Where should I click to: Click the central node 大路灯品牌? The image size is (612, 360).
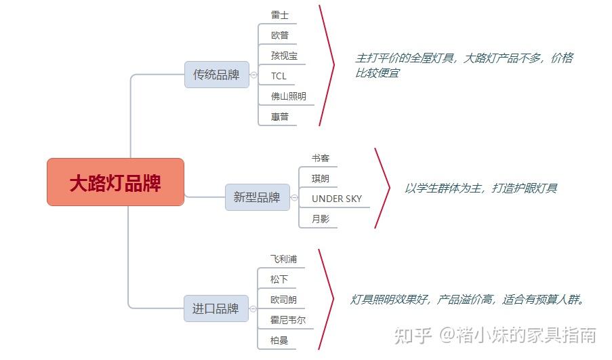pos(115,182)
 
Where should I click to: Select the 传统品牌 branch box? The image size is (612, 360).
pos(216,75)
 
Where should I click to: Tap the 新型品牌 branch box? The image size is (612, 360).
pos(257,197)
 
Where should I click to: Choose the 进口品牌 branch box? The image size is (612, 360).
pos(216,308)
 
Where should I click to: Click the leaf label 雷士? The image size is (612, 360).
pos(280,14)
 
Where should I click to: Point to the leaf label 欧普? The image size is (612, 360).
pos(280,35)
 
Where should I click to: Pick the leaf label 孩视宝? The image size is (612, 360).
pos(284,56)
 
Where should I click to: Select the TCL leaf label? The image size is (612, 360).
pos(279,76)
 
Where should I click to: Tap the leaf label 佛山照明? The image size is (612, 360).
pos(288,96)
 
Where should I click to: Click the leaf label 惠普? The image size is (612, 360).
pos(280,117)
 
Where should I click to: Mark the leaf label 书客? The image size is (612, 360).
pos(321,158)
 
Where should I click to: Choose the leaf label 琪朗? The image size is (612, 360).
pos(321,178)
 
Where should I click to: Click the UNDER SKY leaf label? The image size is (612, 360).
pos(336,199)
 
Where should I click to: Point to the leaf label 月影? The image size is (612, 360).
pos(321,219)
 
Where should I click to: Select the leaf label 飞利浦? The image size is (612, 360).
pos(283,259)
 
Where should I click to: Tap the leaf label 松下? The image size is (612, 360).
pos(279,279)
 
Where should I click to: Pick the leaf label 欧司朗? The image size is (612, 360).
pos(283,300)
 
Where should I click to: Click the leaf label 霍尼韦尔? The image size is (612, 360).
pos(287,320)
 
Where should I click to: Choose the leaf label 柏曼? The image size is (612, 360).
pos(279,340)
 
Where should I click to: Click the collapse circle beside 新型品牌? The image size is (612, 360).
pos(294,198)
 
